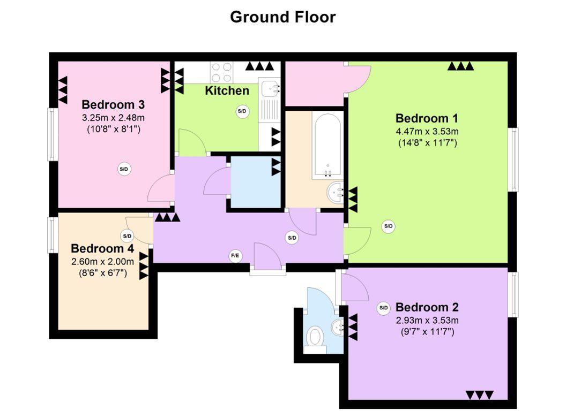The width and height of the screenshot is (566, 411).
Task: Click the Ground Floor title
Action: tap(283, 17)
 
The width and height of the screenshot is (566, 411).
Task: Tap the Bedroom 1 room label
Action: tap(427, 118)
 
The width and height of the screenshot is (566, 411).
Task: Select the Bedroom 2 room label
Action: tap(427, 307)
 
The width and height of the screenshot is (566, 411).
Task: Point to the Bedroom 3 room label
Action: tap(113, 104)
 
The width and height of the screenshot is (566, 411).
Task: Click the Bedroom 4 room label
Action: tap(102, 248)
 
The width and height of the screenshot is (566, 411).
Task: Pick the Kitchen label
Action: tap(227, 90)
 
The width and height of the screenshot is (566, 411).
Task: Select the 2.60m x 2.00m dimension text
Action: tap(102, 261)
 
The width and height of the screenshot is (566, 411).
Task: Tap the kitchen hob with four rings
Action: tap(222, 72)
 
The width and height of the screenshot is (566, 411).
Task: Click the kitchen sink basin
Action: tap(269, 89)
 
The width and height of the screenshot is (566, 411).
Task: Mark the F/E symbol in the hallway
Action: tap(235, 256)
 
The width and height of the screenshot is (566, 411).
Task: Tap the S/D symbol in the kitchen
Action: tap(242, 111)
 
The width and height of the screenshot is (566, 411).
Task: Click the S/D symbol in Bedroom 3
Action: tap(124, 169)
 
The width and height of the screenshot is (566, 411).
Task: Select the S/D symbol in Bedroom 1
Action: tap(388, 226)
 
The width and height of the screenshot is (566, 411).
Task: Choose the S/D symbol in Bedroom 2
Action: tap(383, 308)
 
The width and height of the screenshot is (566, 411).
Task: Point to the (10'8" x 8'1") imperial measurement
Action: tap(113, 129)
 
